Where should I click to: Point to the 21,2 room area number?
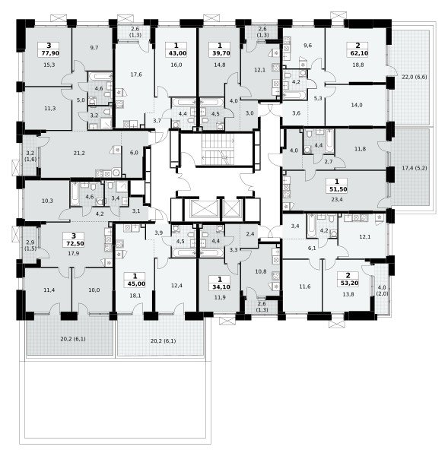pos(79,153)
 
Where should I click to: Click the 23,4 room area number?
pos(337,199)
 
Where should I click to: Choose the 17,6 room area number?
pos(136,74)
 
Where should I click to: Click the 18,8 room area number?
pos(357,65)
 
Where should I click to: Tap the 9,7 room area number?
pos(94,48)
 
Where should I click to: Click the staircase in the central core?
pos(218,149)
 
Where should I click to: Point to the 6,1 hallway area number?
pos(312,249)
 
